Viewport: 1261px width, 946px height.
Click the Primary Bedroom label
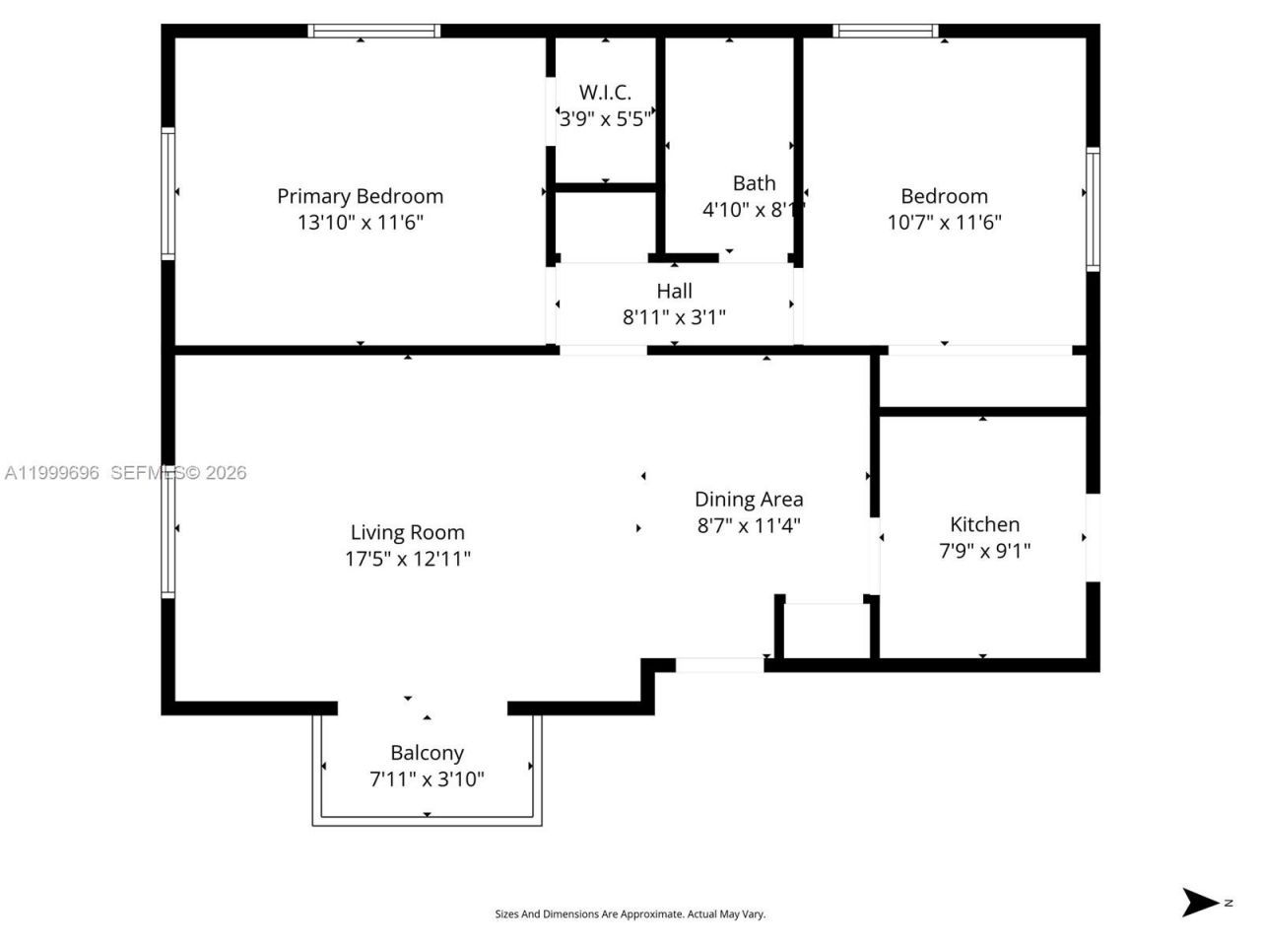coord(360,196)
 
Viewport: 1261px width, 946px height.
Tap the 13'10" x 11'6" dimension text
coord(360,222)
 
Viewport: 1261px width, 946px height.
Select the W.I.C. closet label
coord(605,93)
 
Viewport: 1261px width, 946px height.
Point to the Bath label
coord(754,183)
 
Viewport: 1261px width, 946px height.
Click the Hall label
coord(674,291)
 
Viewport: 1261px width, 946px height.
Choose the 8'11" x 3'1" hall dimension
coord(674,316)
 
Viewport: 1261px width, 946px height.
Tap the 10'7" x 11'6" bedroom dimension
coord(944,222)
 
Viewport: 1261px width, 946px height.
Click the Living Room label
coord(407,532)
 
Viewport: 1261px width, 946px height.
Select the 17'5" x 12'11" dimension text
coord(407,559)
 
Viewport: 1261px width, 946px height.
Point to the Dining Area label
coord(749,500)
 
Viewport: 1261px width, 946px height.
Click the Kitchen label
coord(984,524)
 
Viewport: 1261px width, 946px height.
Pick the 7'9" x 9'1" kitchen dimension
coord(984,551)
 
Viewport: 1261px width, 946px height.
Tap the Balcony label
coord(427,753)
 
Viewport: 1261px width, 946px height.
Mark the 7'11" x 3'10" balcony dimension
coord(427,779)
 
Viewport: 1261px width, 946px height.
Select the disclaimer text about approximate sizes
coord(630,914)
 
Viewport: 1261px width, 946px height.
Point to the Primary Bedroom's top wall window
coord(373,32)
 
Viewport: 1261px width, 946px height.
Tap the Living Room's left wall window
coord(168,531)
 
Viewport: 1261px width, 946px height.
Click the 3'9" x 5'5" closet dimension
coord(605,119)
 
